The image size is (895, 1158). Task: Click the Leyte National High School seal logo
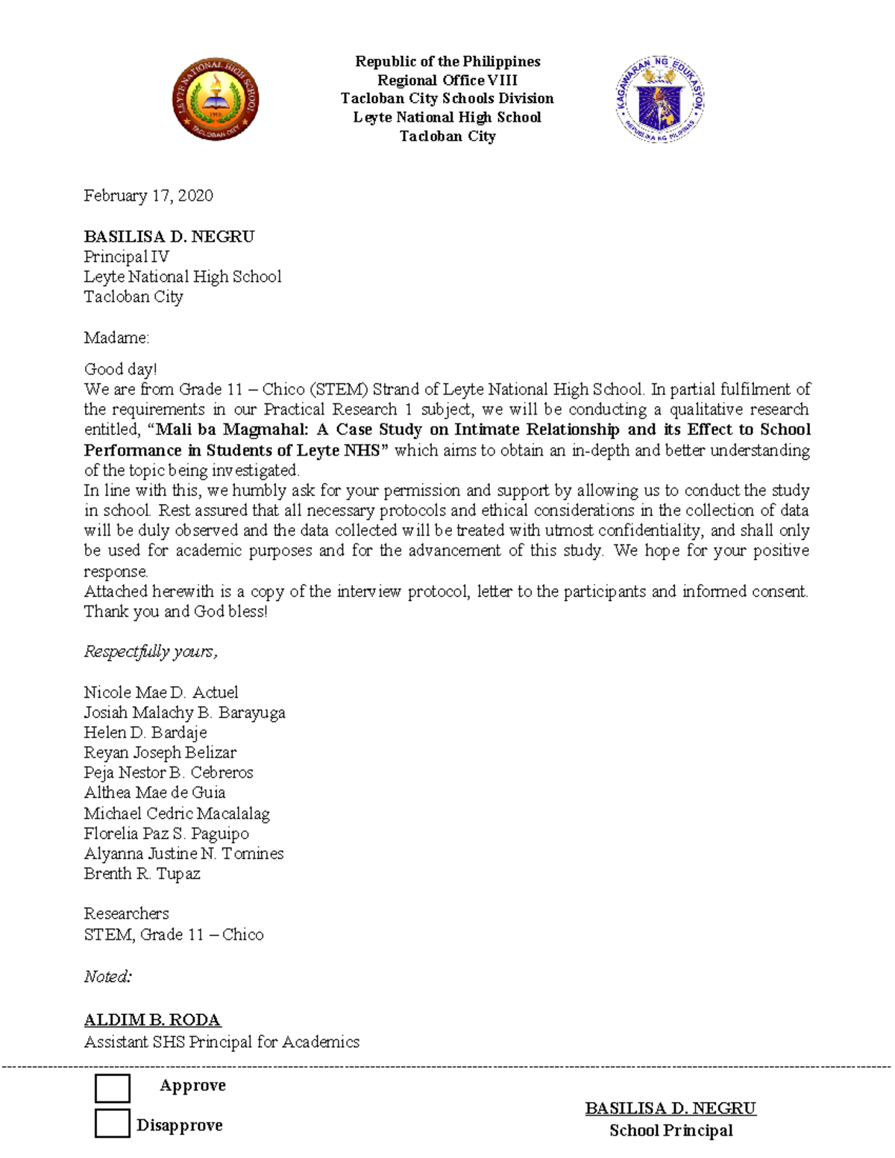point(216,99)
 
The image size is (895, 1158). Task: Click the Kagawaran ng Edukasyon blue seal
point(660,99)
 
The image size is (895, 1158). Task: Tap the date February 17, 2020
point(148,195)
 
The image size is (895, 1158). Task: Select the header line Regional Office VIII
point(447,80)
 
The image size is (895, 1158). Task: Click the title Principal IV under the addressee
point(126,257)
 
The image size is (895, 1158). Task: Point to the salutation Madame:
point(116,338)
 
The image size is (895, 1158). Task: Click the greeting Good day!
point(120,369)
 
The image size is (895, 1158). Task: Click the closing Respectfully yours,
point(150,652)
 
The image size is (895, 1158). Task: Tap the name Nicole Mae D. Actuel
point(161,692)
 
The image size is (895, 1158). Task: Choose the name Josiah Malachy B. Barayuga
point(184,712)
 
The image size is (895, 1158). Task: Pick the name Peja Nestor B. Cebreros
point(169,772)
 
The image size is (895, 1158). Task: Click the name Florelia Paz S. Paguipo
point(166,833)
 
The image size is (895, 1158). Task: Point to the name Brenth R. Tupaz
point(142,873)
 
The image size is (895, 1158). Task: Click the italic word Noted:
point(107,976)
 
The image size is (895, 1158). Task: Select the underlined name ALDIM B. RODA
point(152,1019)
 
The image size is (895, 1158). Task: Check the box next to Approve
point(113,1088)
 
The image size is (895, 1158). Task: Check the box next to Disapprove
point(113,1124)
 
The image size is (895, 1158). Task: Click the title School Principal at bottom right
point(671,1130)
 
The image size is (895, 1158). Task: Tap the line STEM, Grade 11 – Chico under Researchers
point(173,934)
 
